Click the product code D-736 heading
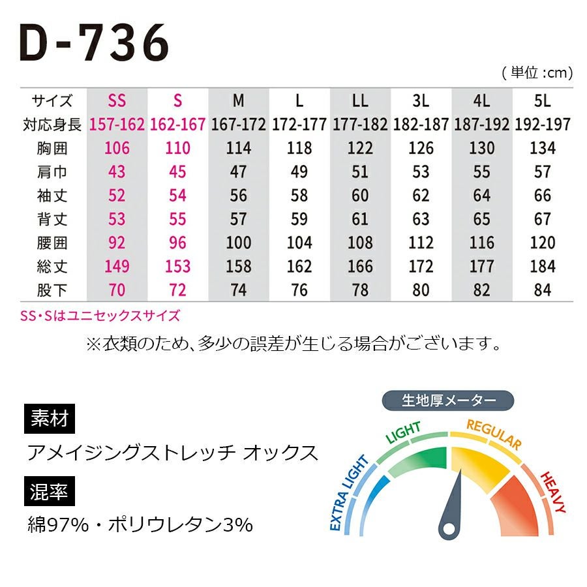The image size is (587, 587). [x=95, y=44]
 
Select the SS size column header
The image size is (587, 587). [x=117, y=101]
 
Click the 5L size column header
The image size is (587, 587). [x=542, y=101]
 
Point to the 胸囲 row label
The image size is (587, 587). [x=53, y=148]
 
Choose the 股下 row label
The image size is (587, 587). [x=53, y=290]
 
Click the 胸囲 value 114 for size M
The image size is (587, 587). [x=238, y=148]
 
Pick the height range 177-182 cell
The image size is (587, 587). [x=360, y=125]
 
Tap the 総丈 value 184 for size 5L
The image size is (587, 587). [x=542, y=266]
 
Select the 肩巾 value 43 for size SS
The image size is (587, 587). [x=117, y=172]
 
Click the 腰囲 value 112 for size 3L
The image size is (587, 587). [x=421, y=243]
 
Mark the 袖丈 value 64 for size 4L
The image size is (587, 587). [x=481, y=196]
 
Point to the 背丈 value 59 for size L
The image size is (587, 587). [x=299, y=219]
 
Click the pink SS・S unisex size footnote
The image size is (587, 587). [x=100, y=316]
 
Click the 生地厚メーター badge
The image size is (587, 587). [x=447, y=400]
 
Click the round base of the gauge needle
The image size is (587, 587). [x=449, y=527]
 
